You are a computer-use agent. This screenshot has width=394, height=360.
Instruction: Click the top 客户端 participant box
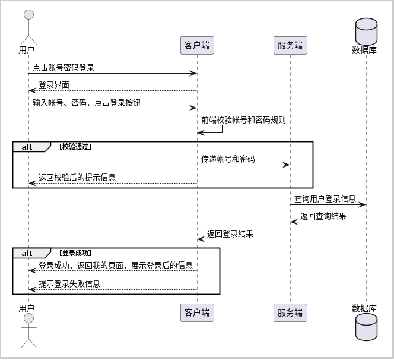(x=197, y=45)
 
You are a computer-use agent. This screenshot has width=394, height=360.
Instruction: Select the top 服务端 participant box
(x=290, y=45)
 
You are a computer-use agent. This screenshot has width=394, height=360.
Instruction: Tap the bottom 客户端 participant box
(x=197, y=312)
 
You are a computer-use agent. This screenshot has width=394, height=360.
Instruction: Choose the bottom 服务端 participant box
(x=290, y=312)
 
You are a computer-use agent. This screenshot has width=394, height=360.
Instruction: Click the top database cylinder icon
(x=366, y=31)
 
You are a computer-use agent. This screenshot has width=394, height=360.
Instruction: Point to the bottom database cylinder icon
(x=366, y=327)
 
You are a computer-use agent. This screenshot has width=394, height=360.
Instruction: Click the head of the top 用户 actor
(x=28, y=15)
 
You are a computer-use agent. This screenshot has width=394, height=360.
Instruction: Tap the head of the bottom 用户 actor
(x=28, y=318)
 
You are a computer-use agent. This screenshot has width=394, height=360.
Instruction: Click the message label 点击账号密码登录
(x=63, y=68)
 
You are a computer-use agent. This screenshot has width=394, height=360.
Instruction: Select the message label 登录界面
(x=54, y=85)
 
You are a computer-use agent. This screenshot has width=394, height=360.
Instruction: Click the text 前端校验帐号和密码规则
(x=243, y=120)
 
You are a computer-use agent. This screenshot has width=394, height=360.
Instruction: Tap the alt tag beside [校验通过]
(x=27, y=147)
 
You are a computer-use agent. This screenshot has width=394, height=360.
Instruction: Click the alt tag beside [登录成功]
(x=27, y=253)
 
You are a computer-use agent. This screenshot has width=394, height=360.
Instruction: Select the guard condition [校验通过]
(x=75, y=147)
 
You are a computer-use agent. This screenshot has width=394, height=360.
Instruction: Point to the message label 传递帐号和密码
(x=228, y=159)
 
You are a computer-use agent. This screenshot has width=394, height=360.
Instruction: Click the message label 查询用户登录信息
(x=325, y=199)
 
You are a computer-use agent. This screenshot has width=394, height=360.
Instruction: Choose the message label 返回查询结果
(x=323, y=216)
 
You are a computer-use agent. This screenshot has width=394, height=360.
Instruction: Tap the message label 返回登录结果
(x=230, y=234)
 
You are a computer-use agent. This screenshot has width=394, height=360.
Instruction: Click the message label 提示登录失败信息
(x=69, y=284)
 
